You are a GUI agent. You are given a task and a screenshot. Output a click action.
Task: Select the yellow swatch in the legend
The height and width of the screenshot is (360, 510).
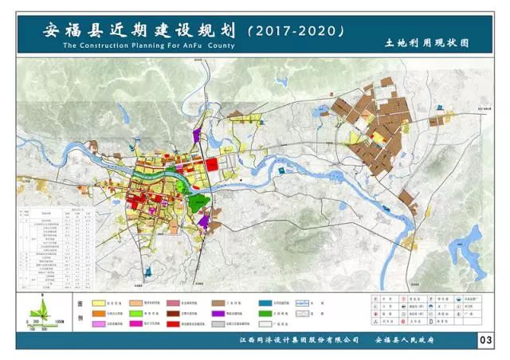tap(100, 303)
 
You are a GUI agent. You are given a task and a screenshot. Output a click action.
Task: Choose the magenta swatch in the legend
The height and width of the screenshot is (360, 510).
tap(100, 326)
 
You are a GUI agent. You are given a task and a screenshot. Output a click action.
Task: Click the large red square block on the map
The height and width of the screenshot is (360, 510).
tap(212, 164)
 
